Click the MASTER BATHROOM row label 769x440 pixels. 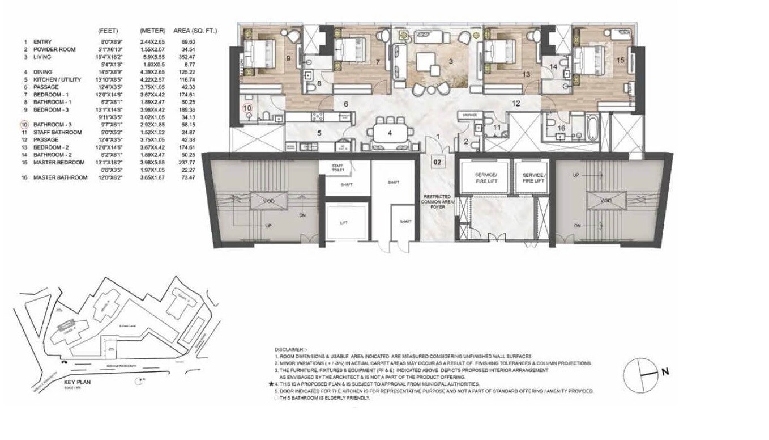tap(60, 177)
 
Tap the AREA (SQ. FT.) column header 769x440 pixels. tap(194, 30)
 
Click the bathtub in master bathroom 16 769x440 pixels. tap(591, 129)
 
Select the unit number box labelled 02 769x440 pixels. tap(437, 162)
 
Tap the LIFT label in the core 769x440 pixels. tap(343, 223)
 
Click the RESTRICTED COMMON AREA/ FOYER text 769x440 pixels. tap(437, 202)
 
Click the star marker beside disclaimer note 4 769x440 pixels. tap(271, 384)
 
